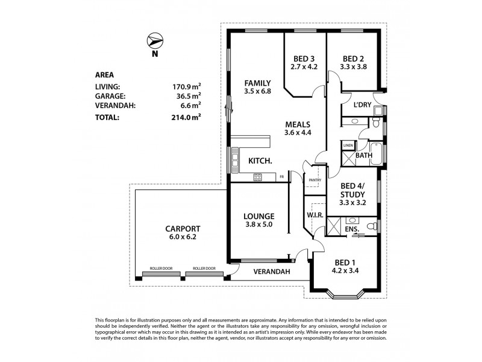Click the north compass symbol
click(155, 42)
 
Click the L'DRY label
click(361, 105)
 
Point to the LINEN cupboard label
click(348, 145)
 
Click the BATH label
click(363, 156)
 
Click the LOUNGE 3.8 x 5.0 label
click(259, 220)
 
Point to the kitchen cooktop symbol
click(258, 177)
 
